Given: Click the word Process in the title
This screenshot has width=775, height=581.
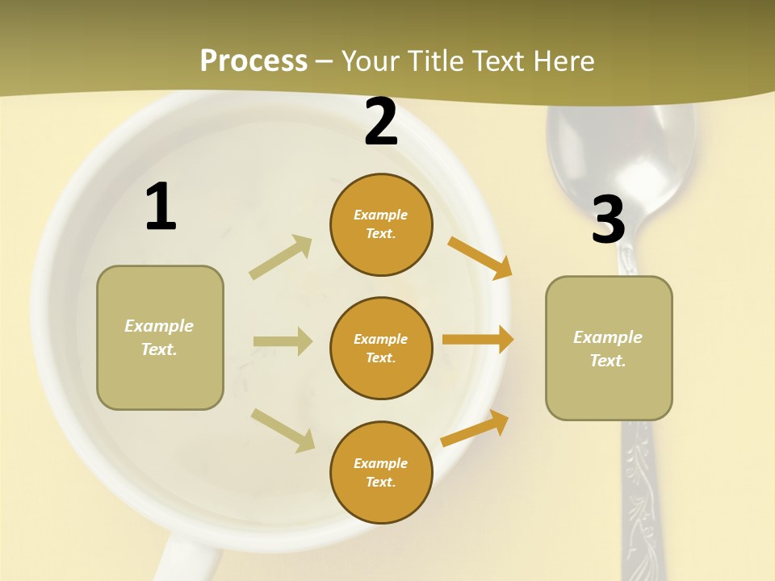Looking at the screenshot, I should [x=253, y=61].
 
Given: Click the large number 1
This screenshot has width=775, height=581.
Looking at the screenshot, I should [x=161, y=207].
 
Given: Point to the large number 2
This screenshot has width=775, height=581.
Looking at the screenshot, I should [x=381, y=122].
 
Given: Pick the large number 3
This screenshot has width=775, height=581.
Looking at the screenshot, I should [x=608, y=220].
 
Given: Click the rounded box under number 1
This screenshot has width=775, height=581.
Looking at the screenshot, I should [x=160, y=337].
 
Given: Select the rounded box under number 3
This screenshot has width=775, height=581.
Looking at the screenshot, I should [x=609, y=348].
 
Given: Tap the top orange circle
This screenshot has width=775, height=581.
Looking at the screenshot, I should [x=381, y=224].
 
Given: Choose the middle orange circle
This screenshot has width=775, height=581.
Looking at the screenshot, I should [x=381, y=348].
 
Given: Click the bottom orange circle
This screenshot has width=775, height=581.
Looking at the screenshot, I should [x=381, y=472].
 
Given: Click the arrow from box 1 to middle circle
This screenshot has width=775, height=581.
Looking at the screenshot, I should [x=283, y=341].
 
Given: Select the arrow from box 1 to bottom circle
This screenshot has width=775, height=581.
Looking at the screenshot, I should [x=283, y=429].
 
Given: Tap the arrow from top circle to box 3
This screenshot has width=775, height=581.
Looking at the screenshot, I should [x=480, y=257].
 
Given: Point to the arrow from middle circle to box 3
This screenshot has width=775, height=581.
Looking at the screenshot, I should [x=478, y=340].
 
